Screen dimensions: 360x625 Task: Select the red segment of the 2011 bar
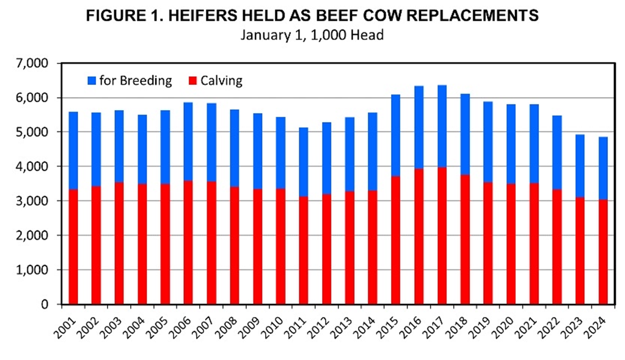[303, 251]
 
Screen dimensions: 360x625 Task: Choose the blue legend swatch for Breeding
[92, 80]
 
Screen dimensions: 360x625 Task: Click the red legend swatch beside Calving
[193, 80]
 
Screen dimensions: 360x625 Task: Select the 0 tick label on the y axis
[51, 304]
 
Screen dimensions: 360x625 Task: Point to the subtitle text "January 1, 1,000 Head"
[312, 35]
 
